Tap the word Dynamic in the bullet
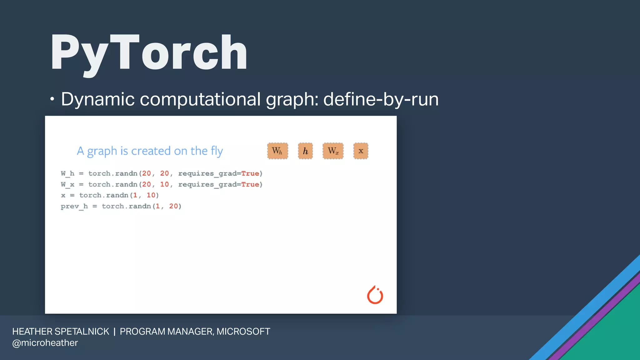tap(98, 99)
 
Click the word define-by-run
tap(381, 99)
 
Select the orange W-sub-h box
tap(277, 151)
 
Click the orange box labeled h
tap(305, 151)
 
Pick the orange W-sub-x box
tap(333, 151)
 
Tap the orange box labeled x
tap(361, 151)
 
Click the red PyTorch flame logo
tap(375, 295)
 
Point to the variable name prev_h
tap(74, 206)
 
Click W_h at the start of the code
tap(67, 173)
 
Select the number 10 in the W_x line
tap(164, 184)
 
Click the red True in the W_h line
tap(250, 173)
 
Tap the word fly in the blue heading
tap(217, 151)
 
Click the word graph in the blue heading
tap(102, 151)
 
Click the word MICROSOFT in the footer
tap(243, 331)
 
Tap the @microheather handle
tap(45, 343)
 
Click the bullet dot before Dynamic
tap(52, 99)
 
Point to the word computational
tap(200, 99)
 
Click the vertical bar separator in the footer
tap(114, 331)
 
